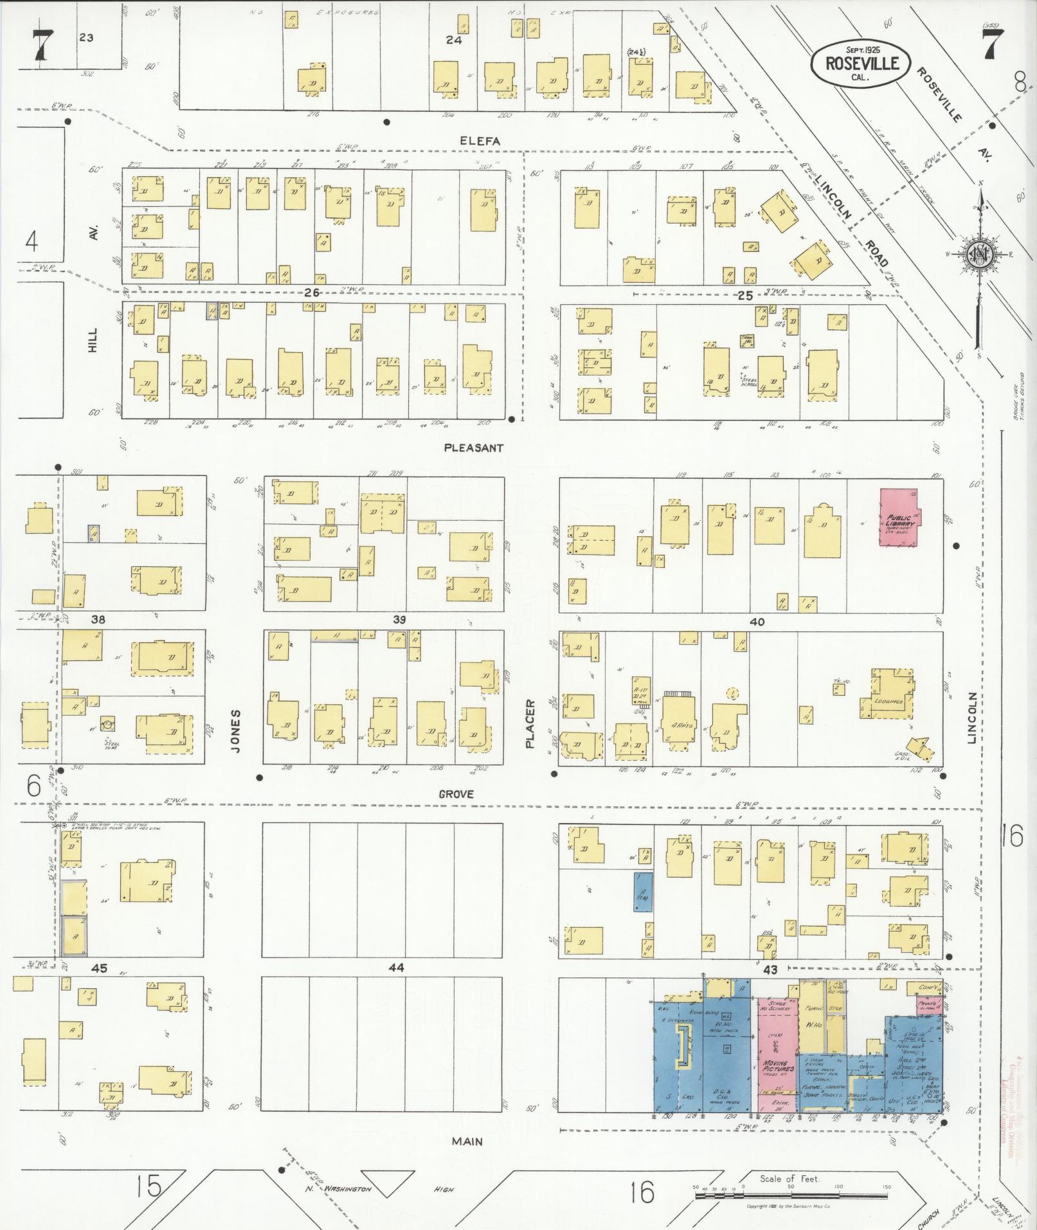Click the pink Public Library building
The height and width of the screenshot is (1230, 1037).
(899, 518)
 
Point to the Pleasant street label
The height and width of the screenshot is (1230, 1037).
(474, 448)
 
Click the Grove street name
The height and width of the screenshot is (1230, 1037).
(456, 794)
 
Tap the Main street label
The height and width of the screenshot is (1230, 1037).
(467, 1141)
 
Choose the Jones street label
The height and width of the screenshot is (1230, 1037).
(235, 731)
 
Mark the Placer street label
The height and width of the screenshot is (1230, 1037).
(530, 724)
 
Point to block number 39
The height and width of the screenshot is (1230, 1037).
(399, 619)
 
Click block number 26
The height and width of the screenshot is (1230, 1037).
(312, 293)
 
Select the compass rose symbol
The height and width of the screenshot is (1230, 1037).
(980, 255)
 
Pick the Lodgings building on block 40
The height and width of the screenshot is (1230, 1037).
(889, 701)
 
